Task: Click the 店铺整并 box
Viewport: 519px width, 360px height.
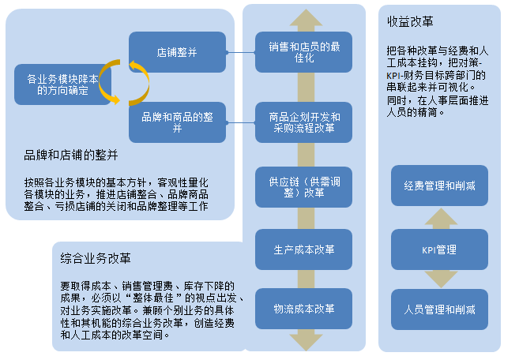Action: pyautogui.click(x=177, y=52)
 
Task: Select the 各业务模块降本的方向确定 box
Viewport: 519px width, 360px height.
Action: pyautogui.click(x=62, y=84)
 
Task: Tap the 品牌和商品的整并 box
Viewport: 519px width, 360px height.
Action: pyautogui.click(x=177, y=122)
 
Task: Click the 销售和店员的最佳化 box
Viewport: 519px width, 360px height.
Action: pyautogui.click(x=303, y=52)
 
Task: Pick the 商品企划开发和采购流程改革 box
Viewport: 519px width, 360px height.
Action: pyautogui.click(x=303, y=122)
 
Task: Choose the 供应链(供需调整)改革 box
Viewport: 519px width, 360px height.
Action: pyautogui.click(x=303, y=187)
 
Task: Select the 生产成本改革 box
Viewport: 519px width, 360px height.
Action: pyautogui.click(x=303, y=249)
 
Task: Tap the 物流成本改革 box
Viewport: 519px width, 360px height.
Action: pyautogui.click(x=303, y=309)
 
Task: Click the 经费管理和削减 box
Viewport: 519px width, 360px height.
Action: pyautogui.click(x=439, y=186)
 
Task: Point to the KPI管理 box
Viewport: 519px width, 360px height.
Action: pyautogui.click(x=439, y=249)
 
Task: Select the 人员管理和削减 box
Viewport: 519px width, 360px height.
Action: pyautogui.click(x=439, y=309)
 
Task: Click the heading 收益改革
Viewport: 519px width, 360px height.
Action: pyautogui.click(x=410, y=21)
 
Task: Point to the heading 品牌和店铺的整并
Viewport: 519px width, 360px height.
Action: pyautogui.click(x=71, y=155)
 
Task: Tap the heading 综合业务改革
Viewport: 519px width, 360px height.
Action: pyautogui.click(x=96, y=258)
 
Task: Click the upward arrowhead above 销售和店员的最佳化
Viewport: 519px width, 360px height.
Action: pyautogui.click(x=306, y=19)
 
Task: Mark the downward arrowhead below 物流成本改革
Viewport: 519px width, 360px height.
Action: pyautogui.click(x=306, y=341)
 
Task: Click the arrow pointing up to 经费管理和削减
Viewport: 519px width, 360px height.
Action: pyautogui.click(x=441, y=219)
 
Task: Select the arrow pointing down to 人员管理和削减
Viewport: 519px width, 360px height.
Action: pyautogui.click(x=441, y=279)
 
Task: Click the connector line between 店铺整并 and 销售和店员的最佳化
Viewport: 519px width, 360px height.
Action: pyautogui.click(x=241, y=52)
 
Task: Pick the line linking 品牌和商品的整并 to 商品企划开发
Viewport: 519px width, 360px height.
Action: pyautogui.click(x=241, y=122)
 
